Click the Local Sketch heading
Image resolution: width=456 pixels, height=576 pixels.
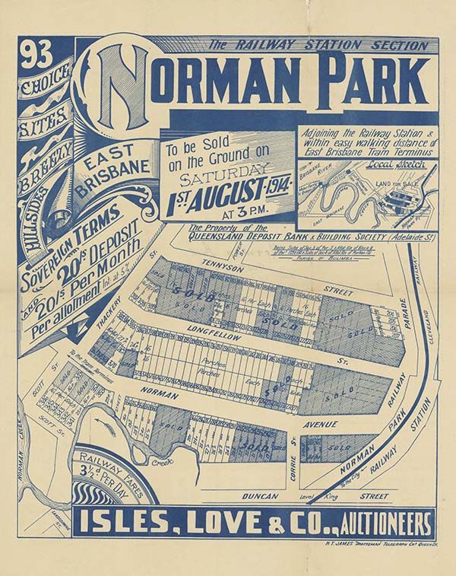[x=372, y=164]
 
